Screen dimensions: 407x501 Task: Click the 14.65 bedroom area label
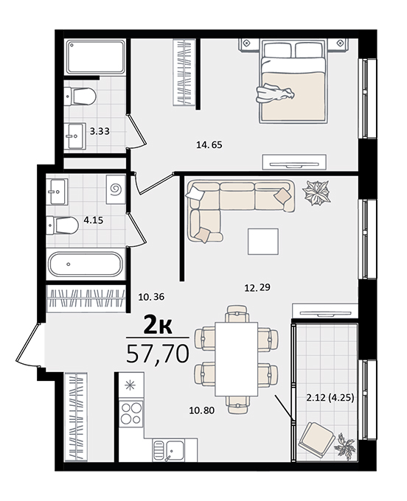click(x=209, y=144)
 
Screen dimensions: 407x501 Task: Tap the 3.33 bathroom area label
click(x=100, y=131)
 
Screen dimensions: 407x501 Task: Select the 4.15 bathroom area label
click(x=94, y=220)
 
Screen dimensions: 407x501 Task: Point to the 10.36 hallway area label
click(x=151, y=297)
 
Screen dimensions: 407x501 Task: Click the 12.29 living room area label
click(x=257, y=287)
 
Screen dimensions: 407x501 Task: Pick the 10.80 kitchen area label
click(x=202, y=410)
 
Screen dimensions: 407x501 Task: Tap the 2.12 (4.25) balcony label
click(x=330, y=398)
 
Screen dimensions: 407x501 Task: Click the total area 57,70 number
click(x=158, y=354)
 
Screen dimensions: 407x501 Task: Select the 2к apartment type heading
click(x=158, y=325)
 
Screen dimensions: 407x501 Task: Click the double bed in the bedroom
click(x=293, y=81)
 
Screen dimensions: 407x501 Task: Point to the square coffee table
click(x=263, y=241)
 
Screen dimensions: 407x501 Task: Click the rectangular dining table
click(x=236, y=359)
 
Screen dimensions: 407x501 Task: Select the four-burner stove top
click(x=131, y=413)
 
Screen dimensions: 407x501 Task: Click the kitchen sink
click(x=168, y=449)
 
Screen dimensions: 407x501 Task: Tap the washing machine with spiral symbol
click(x=116, y=189)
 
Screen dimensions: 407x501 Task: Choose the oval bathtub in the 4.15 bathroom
click(x=86, y=264)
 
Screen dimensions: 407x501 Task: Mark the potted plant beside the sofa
click(x=316, y=193)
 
